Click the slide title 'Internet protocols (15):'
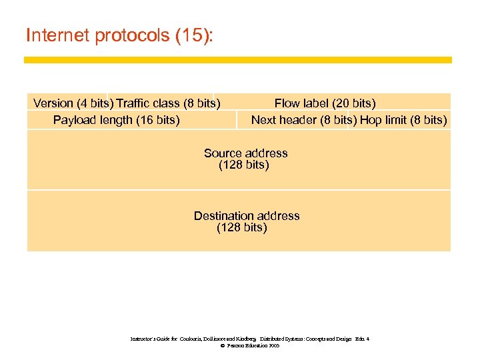pos(119,35)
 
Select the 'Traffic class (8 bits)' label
pos(168,103)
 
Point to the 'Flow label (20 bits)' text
pos(325,103)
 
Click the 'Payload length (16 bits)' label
pos(116,120)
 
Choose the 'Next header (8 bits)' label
pos(303,120)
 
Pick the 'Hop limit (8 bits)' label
pos(403,120)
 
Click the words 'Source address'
pos(245,153)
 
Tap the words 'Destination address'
pos(247,216)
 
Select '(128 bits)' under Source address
pos(243,165)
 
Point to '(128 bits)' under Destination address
pos(241,228)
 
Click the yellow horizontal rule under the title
pos(237,60)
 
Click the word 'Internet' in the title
pos(58,35)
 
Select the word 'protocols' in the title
pos(133,35)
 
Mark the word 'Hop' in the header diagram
pos(371,120)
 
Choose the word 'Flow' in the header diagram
pos(287,103)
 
